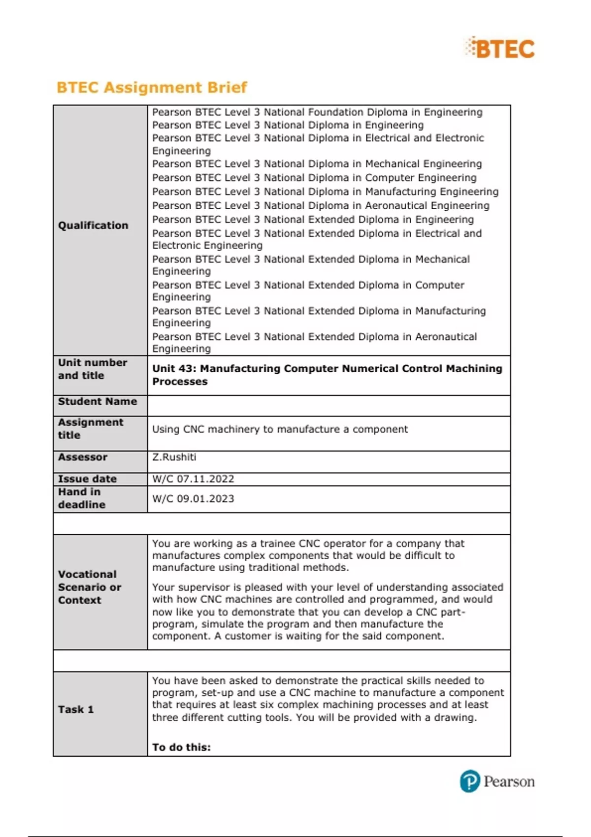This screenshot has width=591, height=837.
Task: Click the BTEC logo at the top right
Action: [499, 48]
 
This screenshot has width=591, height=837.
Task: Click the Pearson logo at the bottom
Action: [497, 781]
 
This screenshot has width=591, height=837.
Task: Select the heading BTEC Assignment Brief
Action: [152, 87]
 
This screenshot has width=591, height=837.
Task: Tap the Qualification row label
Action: [93, 225]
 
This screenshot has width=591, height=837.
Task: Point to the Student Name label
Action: [98, 401]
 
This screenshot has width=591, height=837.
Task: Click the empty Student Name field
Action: [328, 406]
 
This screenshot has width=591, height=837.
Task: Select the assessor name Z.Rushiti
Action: [174, 457]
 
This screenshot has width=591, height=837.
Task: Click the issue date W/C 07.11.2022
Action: [193, 479]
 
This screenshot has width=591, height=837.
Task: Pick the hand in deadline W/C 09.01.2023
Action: [193, 499]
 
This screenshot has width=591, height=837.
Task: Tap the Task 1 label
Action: [76, 709]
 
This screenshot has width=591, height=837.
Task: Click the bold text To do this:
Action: [181, 747]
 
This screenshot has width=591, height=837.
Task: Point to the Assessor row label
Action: [83, 457]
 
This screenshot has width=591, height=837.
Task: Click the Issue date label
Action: [87, 479]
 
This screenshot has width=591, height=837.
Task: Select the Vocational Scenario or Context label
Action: [89, 587]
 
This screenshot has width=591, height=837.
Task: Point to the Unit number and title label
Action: [93, 369]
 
